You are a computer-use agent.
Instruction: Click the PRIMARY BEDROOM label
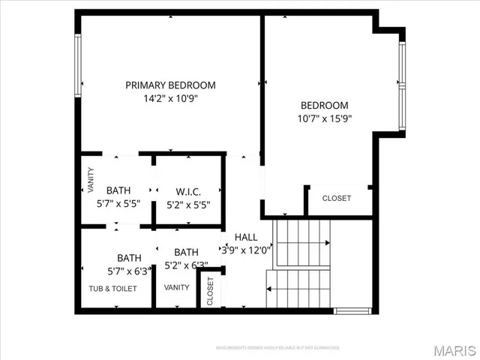point(170,85)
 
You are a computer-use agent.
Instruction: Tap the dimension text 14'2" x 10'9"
point(170,98)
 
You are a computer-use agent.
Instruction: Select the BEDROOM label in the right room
point(325,105)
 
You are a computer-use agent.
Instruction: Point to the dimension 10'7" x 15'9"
point(325,118)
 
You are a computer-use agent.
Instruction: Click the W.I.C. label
point(187,190)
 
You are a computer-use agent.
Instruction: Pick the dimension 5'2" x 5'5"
point(187,204)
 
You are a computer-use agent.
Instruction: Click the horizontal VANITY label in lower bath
point(177,287)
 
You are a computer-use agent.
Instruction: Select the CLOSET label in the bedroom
point(336,199)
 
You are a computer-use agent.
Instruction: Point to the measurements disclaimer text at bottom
point(277,348)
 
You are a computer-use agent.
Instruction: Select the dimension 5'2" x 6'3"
point(186,265)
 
